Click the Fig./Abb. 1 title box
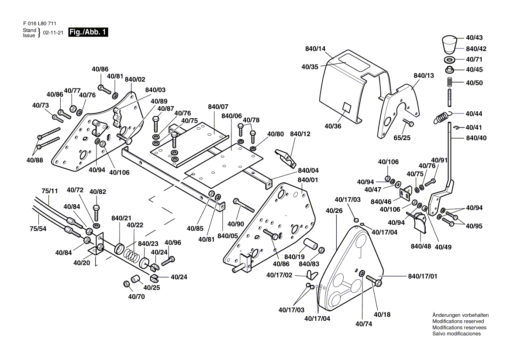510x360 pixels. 88,32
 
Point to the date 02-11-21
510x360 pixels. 53,33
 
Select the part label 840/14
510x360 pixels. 316,49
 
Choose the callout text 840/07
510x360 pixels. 218,107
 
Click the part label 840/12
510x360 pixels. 300,134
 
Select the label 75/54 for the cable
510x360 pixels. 38,229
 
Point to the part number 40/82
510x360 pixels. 97,192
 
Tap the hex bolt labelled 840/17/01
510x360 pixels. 375,280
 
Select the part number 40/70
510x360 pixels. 136,297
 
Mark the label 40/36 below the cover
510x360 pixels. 333,127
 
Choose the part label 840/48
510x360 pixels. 420,247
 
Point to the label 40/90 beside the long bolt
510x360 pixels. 236,224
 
